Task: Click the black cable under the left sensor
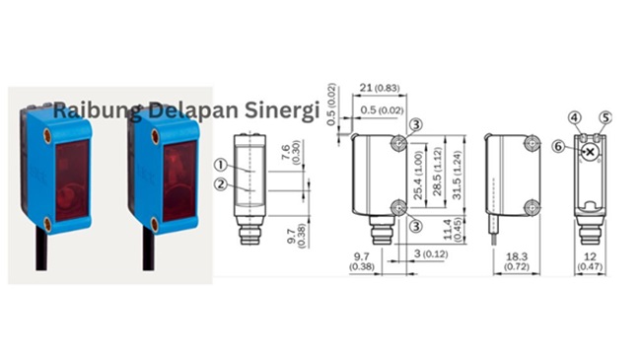click(45, 252)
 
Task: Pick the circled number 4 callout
click(575, 117)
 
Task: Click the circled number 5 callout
click(605, 117)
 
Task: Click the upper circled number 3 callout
click(416, 125)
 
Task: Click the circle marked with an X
click(590, 151)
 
